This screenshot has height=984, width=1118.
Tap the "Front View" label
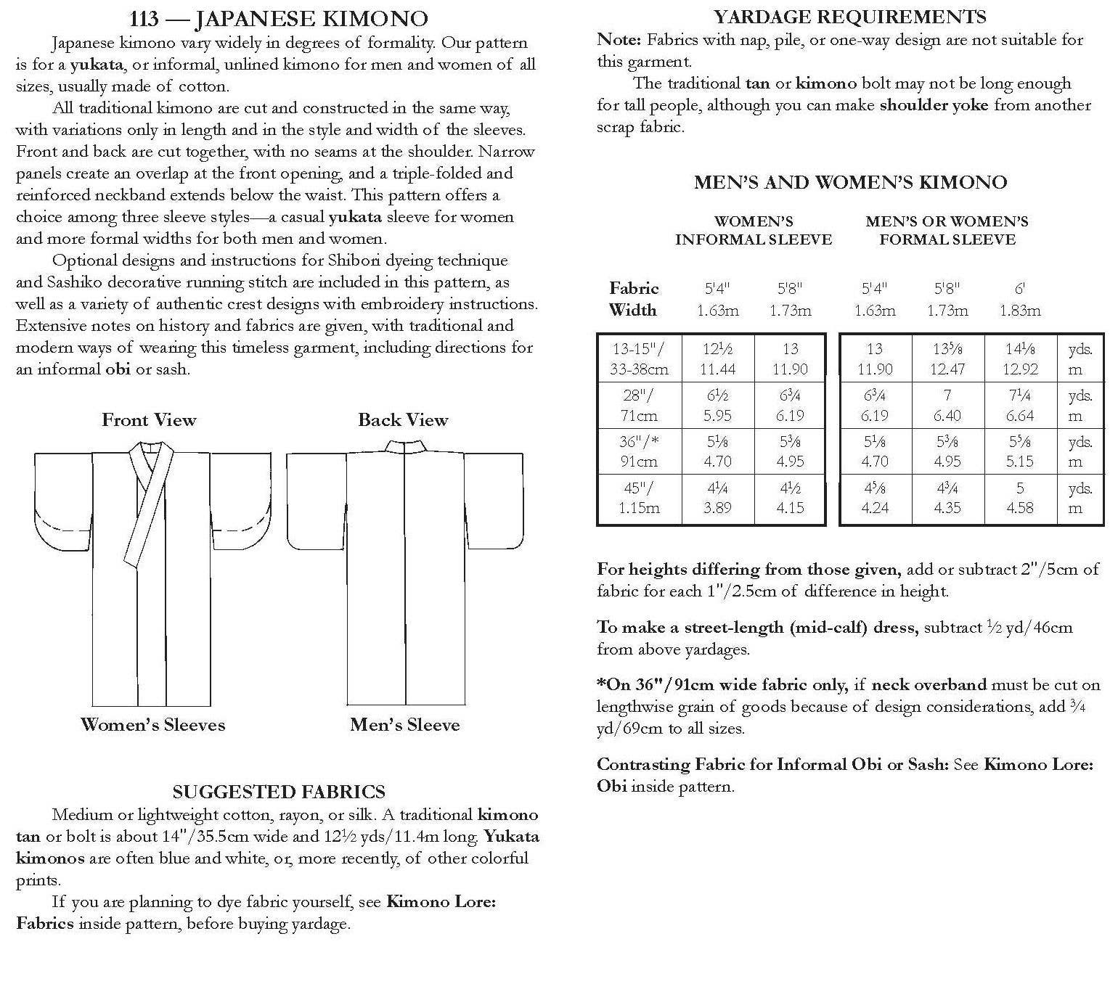click(149, 420)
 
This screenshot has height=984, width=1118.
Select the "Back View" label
click(403, 420)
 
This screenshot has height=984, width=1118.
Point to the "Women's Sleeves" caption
click(153, 725)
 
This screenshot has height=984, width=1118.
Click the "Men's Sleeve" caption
click(405, 725)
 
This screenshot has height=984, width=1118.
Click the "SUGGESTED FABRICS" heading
click(279, 792)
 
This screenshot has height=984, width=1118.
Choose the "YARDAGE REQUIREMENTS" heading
click(850, 17)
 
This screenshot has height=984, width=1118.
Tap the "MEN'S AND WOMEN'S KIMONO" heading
click(850, 182)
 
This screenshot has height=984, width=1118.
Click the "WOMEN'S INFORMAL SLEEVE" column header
click(754, 231)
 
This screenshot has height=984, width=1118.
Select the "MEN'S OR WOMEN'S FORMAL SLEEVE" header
click(947, 231)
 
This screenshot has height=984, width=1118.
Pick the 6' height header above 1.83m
click(1019, 289)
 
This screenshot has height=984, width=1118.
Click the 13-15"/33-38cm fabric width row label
click(639, 358)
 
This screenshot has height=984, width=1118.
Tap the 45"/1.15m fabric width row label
click(639, 498)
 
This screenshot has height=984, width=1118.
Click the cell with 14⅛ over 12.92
click(1020, 358)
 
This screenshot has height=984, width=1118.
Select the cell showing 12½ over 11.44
click(717, 358)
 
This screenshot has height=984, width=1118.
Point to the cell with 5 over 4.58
click(1020, 498)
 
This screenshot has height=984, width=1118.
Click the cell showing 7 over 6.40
click(947, 405)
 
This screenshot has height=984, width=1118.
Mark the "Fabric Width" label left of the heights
click(633, 299)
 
